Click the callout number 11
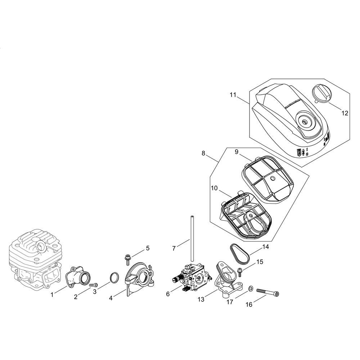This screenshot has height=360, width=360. pyautogui.click(x=233, y=95)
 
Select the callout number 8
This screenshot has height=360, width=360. pyautogui.click(x=203, y=153)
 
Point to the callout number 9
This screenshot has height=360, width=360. pyautogui.click(x=237, y=152)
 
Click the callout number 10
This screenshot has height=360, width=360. pyautogui.click(x=214, y=188)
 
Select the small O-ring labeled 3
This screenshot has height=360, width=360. pyautogui.click(x=114, y=278)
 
